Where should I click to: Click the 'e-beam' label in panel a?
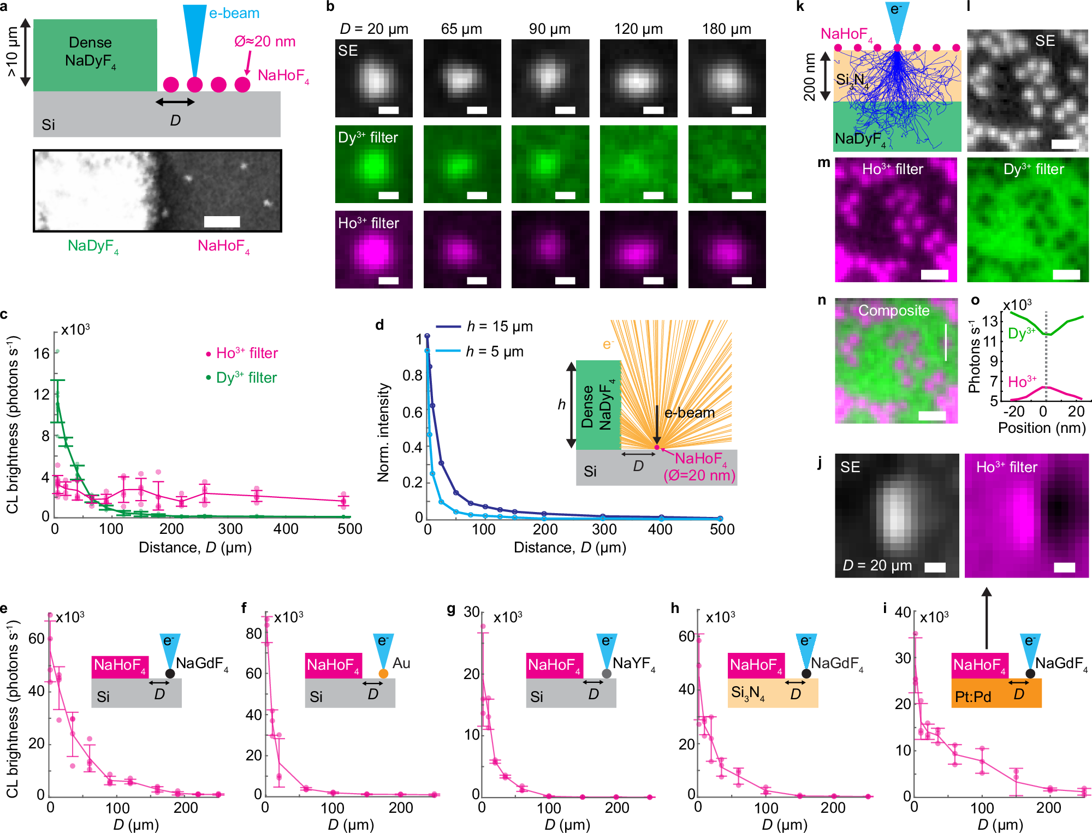pyautogui.click(x=234, y=13)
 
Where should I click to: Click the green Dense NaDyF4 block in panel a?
pyautogui.click(x=95, y=55)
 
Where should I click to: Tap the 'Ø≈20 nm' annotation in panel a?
pyautogui.click(x=265, y=41)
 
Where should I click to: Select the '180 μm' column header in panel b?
pyautogui.click(x=726, y=29)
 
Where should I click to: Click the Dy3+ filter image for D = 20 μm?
pyautogui.click(x=374, y=164)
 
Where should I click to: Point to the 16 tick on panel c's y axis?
pyautogui.click(x=41, y=354)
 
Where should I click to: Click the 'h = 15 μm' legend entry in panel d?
pyautogui.click(x=499, y=326)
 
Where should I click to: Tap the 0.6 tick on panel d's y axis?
pyautogui.click(x=412, y=412)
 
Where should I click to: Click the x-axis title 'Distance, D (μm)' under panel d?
pyautogui.click(x=569, y=548)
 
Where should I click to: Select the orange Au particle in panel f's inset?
pyautogui.click(x=383, y=674)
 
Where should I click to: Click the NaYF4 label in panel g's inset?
pyautogui.click(x=633, y=663)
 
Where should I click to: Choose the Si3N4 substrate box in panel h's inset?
pyautogui.click(x=773, y=693)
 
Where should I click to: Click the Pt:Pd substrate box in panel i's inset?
pyautogui.click(x=996, y=693)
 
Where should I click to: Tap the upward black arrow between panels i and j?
pyautogui.click(x=986, y=617)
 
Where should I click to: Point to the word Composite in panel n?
pyautogui.click(x=894, y=311)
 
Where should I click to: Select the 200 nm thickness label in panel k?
pyautogui.click(x=809, y=76)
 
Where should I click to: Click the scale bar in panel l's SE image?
pyautogui.click(x=1065, y=144)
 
